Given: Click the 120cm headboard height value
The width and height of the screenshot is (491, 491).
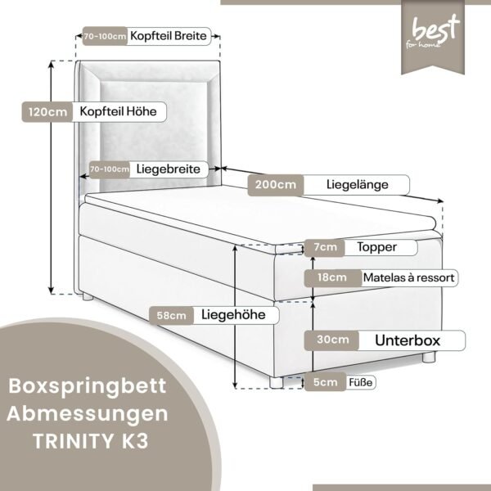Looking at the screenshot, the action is click(x=47, y=112).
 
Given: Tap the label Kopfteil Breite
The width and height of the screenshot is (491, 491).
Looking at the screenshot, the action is click(x=169, y=36).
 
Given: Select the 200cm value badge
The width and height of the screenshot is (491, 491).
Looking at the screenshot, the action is click(x=275, y=185).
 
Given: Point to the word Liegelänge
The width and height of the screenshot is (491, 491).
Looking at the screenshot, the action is click(x=358, y=184).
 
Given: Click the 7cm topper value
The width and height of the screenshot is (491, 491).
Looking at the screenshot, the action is click(x=325, y=247).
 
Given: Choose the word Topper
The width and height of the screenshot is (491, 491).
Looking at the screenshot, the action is click(x=376, y=247).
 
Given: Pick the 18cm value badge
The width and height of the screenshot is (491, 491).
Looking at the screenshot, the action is click(x=332, y=277).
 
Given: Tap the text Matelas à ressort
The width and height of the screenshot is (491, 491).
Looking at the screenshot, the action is click(x=408, y=277).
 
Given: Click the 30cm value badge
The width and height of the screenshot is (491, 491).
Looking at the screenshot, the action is click(x=332, y=340).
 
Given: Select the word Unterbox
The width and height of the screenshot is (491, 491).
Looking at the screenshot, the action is click(x=408, y=340).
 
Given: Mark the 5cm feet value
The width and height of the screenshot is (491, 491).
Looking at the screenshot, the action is click(x=326, y=382).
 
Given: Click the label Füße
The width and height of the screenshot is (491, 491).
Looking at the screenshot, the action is click(x=361, y=382).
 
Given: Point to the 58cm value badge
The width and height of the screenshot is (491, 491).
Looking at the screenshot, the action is click(x=171, y=316).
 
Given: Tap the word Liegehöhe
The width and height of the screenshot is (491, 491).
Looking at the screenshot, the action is click(x=233, y=315).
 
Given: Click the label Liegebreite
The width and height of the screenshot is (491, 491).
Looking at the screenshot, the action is click(x=168, y=169).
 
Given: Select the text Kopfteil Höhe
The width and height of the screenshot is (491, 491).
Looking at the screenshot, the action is click(x=118, y=111).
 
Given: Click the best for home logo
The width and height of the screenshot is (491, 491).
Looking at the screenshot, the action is click(x=433, y=37).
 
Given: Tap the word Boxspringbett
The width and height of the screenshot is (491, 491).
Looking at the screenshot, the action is click(x=88, y=387).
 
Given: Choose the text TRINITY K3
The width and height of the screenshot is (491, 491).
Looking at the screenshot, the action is click(x=91, y=441).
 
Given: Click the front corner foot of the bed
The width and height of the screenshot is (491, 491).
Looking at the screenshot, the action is click(x=277, y=382).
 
